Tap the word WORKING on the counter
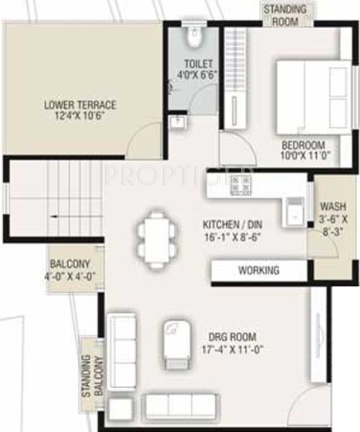coord(259,271)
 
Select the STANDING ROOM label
coord(284,15)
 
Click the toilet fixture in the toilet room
coord(194,35)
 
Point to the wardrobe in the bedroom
coord(234,79)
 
